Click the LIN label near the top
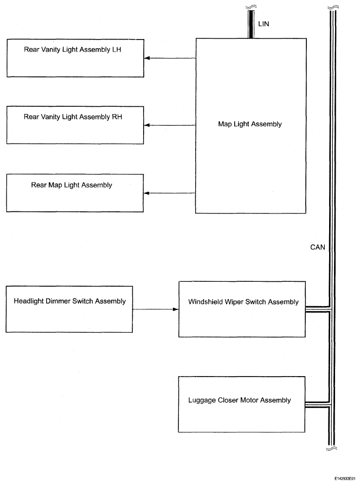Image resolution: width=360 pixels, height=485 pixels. click(263, 24)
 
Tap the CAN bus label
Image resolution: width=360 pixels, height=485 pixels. click(318, 247)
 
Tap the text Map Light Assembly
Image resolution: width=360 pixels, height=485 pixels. click(250, 124)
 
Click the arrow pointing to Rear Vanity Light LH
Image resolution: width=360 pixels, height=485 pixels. click(170, 58)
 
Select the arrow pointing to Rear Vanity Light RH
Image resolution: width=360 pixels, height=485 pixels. click(170, 125)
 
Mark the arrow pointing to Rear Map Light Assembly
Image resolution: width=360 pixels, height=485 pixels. click(169, 193)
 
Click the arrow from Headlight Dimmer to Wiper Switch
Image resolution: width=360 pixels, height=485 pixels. click(156, 309)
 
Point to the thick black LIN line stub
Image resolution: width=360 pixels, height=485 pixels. click(251, 24)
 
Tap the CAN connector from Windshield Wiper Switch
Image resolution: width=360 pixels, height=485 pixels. click(318, 309)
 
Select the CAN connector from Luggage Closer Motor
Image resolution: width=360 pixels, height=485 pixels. click(318, 405)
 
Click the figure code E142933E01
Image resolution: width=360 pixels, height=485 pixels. click(345, 478)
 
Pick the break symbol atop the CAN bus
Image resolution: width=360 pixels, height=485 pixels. click(333, 7)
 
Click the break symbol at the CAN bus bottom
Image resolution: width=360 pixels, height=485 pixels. click(331, 448)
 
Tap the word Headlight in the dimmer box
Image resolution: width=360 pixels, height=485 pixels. click(29, 301)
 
